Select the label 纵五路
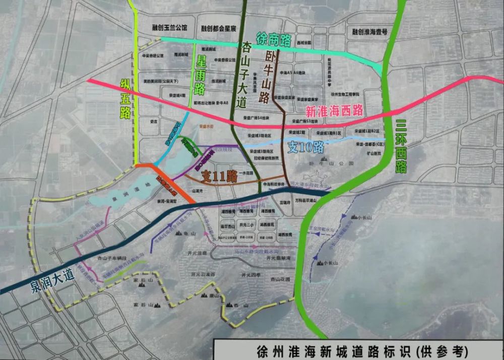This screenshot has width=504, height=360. coord(125,98)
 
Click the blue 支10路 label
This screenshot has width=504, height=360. coord(305,147)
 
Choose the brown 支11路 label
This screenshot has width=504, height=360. coord(219,176)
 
